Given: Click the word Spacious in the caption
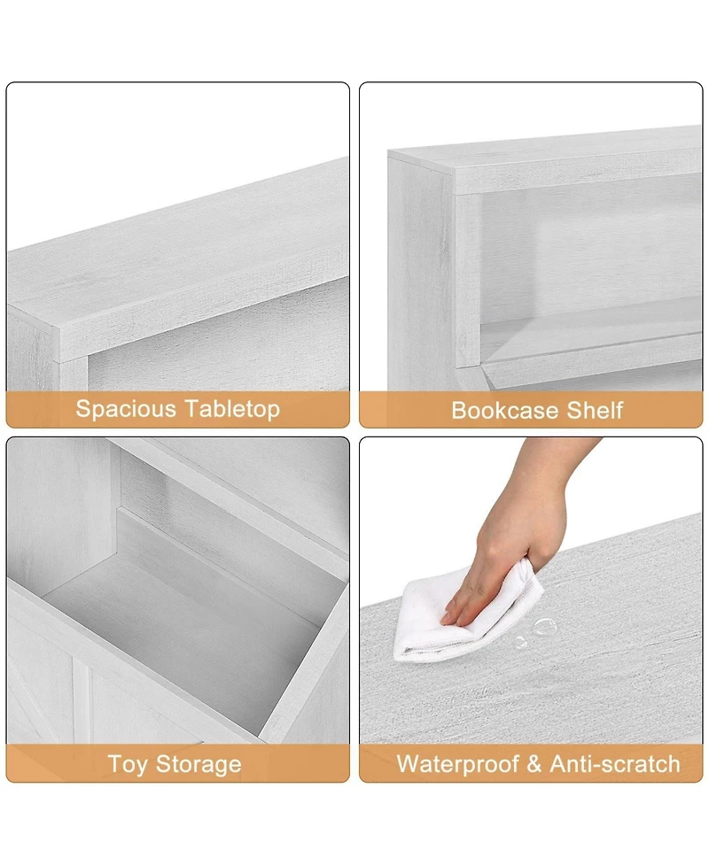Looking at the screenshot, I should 127,409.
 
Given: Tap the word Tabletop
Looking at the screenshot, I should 232,409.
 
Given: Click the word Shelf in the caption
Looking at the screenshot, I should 596,411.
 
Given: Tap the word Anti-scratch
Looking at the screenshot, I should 615,764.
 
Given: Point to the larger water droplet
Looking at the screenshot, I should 546,627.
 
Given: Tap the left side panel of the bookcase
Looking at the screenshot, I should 421,274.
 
